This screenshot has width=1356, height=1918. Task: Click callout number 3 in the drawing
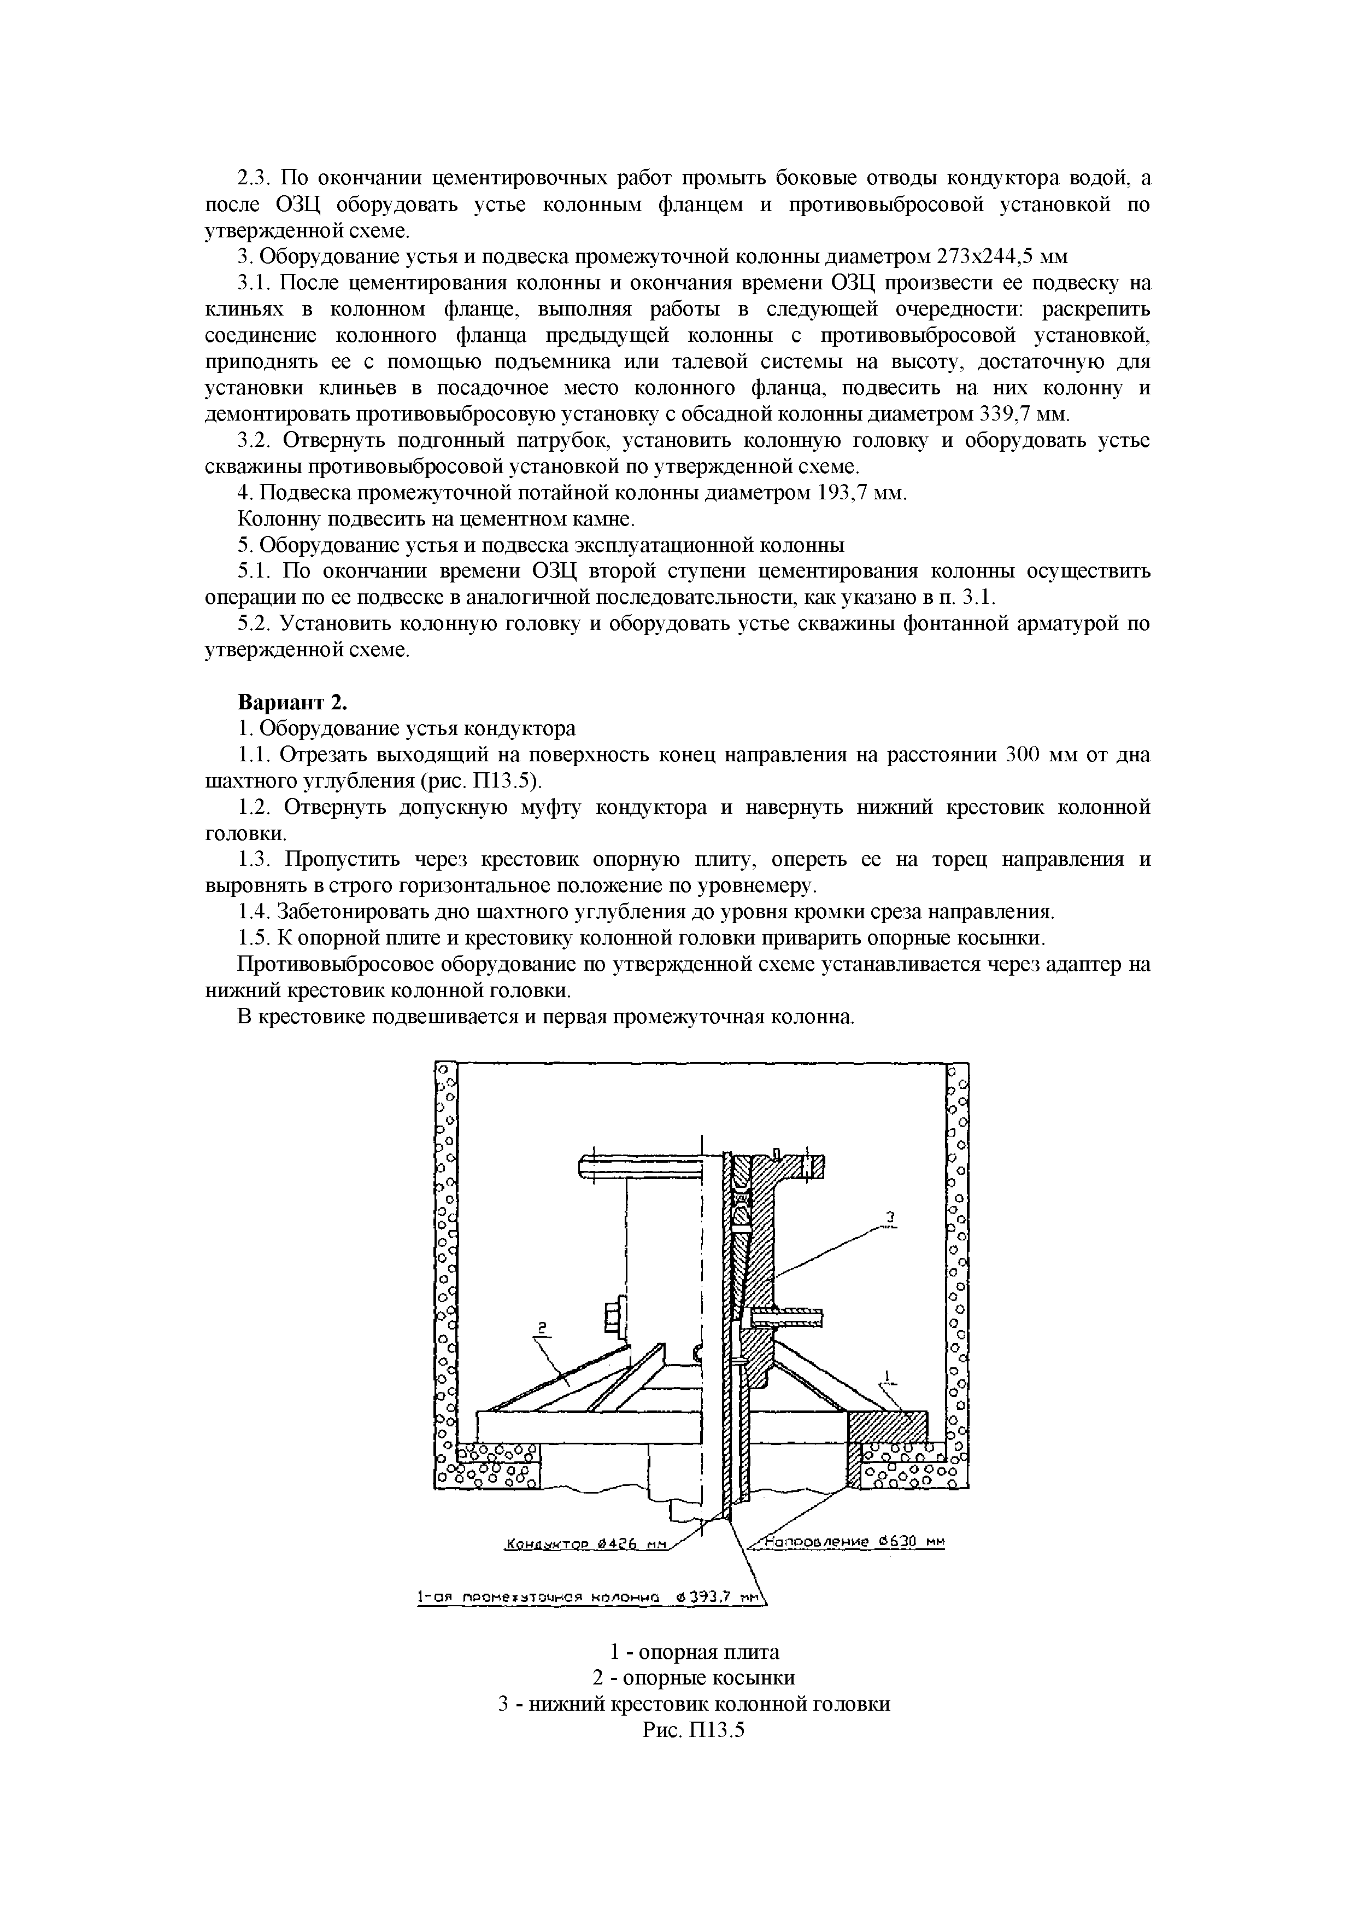(890, 1219)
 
